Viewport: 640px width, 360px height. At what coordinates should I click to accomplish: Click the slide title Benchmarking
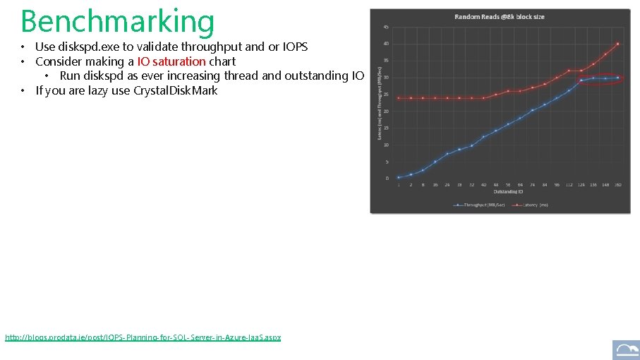tap(117, 21)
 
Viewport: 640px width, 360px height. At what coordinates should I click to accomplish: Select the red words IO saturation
tap(171, 61)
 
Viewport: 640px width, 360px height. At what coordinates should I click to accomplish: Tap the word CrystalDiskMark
tap(175, 90)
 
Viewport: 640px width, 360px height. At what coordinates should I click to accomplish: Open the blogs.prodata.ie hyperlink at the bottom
tap(143, 337)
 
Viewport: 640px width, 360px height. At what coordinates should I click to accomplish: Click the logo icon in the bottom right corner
tap(626, 349)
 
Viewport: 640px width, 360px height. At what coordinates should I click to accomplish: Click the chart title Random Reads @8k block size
tap(499, 16)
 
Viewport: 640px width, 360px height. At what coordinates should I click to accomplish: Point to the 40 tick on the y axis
tap(386, 44)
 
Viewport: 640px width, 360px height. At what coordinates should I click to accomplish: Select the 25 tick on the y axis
tap(386, 95)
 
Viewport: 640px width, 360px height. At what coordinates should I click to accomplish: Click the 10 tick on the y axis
tap(386, 145)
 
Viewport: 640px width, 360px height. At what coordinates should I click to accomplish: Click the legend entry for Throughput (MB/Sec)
tap(481, 205)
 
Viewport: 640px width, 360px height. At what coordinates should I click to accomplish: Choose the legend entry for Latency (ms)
tap(534, 205)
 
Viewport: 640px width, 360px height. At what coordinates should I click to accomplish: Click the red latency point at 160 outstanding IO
tap(617, 44)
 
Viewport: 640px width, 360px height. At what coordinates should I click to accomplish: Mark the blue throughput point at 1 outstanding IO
tap(399, 177)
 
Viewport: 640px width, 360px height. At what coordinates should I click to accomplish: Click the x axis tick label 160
tap(617, 185)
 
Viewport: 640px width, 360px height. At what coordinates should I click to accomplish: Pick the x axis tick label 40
tap(483, 185)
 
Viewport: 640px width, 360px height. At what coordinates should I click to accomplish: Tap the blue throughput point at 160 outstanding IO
tap(617, 78)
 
